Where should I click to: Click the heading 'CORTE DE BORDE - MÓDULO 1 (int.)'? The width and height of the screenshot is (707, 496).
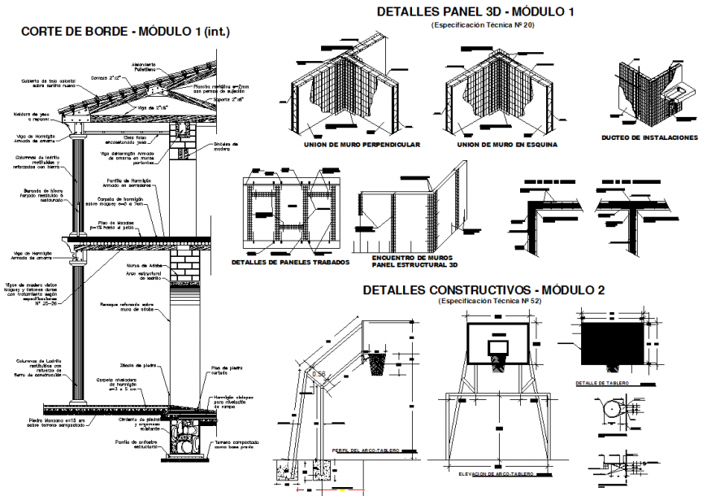click(125, 32)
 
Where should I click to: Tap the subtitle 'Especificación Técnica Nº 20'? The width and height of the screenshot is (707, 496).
click(475, 25)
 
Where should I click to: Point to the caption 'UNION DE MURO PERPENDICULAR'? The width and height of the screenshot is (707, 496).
click(361, 145)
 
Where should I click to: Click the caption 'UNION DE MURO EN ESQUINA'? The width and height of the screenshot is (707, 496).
click(506, 145)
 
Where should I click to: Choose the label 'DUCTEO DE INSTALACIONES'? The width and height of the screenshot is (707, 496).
click(649, 137)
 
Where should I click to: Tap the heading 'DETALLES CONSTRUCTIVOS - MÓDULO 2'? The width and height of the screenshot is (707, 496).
click(484, 289)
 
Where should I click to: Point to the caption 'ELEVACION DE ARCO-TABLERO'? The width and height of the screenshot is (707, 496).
click(496, 473)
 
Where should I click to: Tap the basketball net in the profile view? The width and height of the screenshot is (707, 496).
click(375, 363)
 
